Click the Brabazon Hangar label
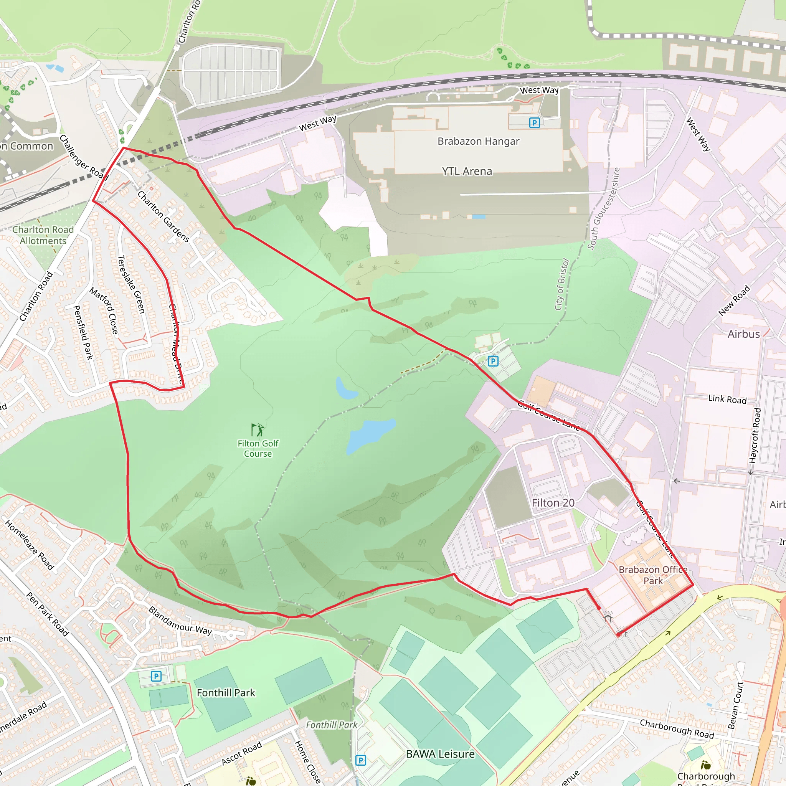tap(478, 141)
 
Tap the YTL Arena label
tap(467, 171)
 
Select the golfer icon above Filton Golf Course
tap(258, 429)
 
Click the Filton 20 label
tap(553, 503)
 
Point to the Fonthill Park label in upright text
tap(226, 692)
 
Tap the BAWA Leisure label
tap(440, 754)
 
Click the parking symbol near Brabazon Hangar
tap(534, 122)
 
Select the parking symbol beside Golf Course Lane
tap(493, 361)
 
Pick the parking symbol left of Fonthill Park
tap(156, 676)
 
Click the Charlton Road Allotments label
tap(43, 235)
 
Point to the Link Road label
tap(727, 399)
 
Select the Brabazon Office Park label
tap(653, 575)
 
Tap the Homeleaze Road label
tap(29, 545)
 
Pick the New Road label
tap(734, 300)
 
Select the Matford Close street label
tap(104, 311)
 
